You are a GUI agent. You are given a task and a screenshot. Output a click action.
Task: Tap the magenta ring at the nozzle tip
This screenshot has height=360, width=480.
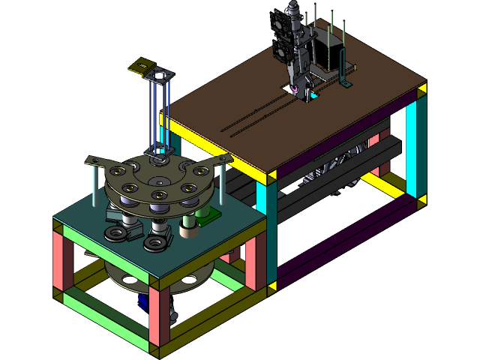[x=295, y=91]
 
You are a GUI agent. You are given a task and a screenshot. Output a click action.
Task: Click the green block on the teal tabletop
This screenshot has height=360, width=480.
[x=208, y=217]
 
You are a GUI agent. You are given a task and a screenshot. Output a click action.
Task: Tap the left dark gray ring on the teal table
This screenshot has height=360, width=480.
[x=115, y=235]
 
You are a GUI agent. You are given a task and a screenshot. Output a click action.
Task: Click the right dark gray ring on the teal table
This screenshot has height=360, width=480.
[x=156, y=243]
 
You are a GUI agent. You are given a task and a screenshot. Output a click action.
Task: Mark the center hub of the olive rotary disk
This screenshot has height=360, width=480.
[x=160, y=181]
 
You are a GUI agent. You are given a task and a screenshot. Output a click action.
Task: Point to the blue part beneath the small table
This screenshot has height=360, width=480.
[x=142, y=301]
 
